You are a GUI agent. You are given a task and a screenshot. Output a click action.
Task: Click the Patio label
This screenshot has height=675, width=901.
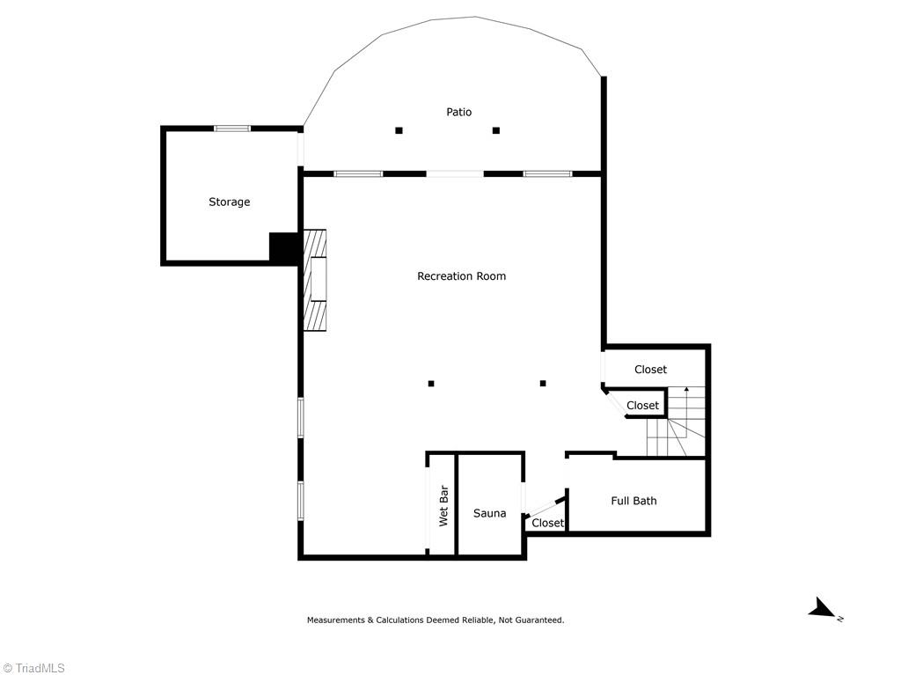(x=458, y=112)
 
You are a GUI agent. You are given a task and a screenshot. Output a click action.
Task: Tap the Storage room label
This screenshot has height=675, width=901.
(x=230, y=202)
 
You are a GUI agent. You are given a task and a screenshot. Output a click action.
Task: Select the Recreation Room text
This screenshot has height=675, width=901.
(x=461, y=276)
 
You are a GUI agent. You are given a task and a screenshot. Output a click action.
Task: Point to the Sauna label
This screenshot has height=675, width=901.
(x=489, y=513)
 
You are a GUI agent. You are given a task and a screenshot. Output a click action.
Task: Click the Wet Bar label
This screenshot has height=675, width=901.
(x=443, y=506)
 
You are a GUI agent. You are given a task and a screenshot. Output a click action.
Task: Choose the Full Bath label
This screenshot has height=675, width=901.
(x=634, y=501)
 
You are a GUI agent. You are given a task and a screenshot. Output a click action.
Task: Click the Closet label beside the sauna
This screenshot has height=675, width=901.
(x=547, y=523)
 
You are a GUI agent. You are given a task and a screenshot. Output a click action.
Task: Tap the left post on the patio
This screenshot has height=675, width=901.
(x=399, y=130)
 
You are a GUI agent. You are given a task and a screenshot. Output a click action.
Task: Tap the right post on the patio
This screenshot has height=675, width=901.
(x=496, y=130)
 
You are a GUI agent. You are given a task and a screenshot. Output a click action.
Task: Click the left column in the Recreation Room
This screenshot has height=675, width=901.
(x=431, y=384)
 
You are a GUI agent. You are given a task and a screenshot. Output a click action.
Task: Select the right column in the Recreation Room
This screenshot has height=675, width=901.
(x=542, y=383)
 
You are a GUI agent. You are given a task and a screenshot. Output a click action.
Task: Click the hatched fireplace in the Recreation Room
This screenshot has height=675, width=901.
(x=315, y=280)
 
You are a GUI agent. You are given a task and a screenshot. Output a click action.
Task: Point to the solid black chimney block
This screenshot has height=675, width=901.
(x=283, y=247)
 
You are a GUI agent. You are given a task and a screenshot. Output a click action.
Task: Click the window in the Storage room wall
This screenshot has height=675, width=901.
(x=232, y=128)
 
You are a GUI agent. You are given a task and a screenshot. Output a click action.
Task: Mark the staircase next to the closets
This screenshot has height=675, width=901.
(x=676, y=421)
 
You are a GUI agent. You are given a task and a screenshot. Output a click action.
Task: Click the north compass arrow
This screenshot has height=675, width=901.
(x=822, y=609)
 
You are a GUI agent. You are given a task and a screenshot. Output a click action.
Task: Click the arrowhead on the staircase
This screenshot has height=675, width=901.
(x=686, y=390)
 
